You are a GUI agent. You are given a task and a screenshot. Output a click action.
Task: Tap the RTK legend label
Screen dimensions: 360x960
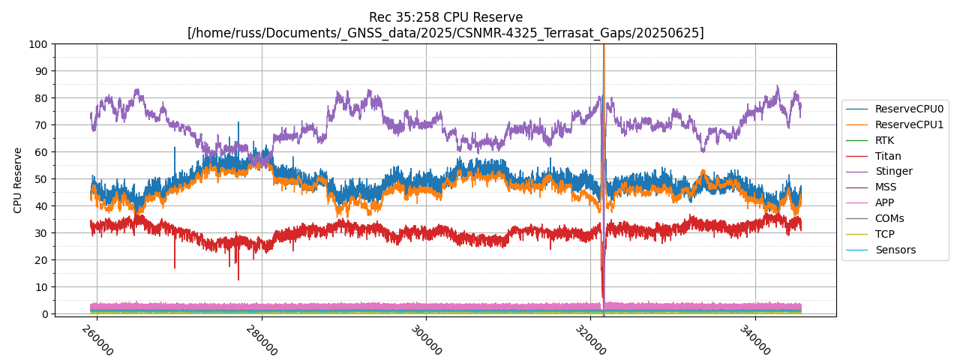pos(884,140)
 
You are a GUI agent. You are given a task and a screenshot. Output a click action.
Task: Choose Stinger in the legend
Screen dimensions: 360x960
pos(893,171)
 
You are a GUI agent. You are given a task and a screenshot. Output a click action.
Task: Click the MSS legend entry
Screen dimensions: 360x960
pos(885,187)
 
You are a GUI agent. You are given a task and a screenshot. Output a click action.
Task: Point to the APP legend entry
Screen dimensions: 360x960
pos(884,202)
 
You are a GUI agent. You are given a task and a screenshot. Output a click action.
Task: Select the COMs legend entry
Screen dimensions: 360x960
pos(889,218)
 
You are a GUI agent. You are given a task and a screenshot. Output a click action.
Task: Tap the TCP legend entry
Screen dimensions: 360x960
pos(884,234)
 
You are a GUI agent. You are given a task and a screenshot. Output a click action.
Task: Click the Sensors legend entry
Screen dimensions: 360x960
pos(895,250)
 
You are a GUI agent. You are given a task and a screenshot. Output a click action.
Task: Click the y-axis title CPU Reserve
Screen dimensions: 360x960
pos(18,180)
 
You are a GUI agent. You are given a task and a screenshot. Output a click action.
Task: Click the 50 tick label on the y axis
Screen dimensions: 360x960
pos(42,179)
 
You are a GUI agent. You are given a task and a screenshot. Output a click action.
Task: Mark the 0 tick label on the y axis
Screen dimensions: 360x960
pos(45,314)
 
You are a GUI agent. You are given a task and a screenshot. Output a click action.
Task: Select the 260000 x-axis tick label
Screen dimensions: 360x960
pos(97,340)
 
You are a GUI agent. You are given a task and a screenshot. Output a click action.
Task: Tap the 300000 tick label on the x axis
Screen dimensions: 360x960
pos(427,340)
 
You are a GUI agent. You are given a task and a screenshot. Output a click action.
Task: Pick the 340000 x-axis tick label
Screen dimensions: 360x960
pos(756,340)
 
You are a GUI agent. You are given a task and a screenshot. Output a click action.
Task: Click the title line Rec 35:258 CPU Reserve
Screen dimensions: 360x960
pos(445,17)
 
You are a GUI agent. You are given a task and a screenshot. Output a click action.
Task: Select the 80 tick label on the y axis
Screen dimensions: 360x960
pos(42,98)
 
